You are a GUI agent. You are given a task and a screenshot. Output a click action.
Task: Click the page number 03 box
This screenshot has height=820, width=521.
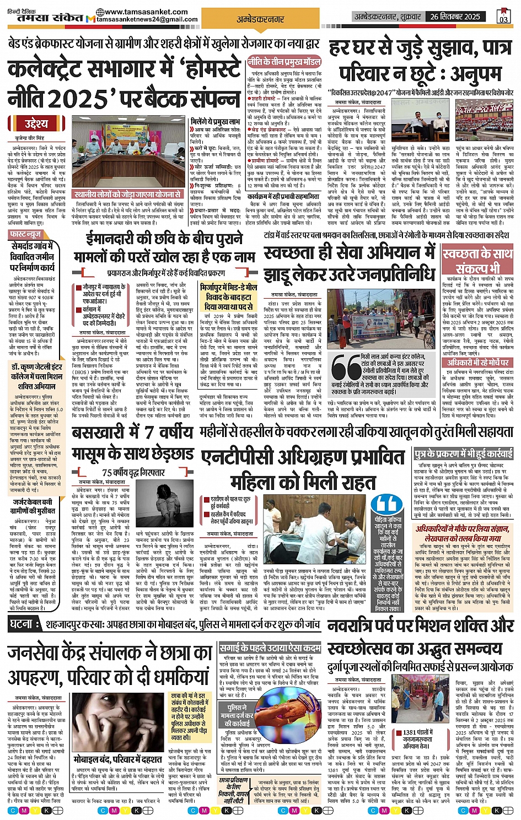[x=503, y=16]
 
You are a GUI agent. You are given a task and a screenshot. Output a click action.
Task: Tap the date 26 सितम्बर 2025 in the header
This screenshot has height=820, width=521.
[x=455, y=17]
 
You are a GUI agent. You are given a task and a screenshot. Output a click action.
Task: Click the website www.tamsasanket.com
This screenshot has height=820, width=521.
[x=137, y=12]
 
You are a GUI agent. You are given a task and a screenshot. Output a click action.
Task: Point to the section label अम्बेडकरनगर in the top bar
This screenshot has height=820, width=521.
[x=260, y=19]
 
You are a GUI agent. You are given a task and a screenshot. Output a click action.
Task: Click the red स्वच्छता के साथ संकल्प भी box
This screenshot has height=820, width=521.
[x=477, y=260]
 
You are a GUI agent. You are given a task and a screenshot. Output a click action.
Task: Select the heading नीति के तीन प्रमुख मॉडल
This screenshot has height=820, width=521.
[x=284, y=61]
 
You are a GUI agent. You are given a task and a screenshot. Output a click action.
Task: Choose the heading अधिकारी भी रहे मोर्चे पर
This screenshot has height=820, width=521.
[x=477, y=362]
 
